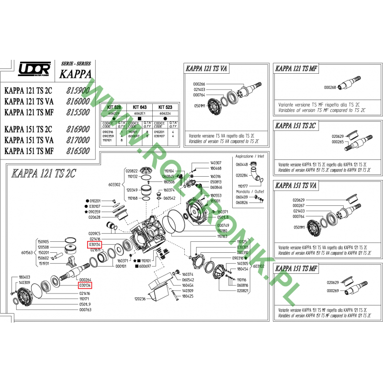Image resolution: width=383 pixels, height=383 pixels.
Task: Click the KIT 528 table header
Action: pos(113,108)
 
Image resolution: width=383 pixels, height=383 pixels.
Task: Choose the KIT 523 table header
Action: pos(166,108)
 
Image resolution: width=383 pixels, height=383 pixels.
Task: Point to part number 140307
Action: pos(216,163)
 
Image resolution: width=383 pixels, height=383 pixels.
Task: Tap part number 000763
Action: pos(84,310)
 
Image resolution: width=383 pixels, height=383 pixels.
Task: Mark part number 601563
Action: pos(27,252)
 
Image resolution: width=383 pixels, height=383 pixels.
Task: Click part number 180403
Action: pos(24,277)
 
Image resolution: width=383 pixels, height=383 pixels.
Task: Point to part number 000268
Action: pos(330,88)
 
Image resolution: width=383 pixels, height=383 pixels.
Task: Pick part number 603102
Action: pos(259,266)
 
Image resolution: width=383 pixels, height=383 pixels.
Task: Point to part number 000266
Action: pos(199,84)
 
